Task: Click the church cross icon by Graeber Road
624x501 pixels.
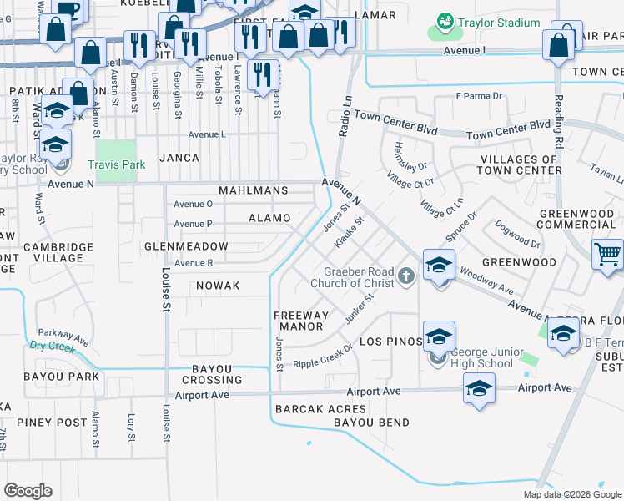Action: pyautogui.click(x=406, y=276)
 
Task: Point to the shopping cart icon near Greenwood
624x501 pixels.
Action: pyautogui.click(x=606, y=254)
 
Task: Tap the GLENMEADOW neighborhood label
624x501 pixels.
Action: pyautogui.click(x=186, y=246)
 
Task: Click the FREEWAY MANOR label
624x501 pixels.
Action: pyautogui.click(x=299, y=321)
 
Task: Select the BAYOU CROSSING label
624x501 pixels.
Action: pyautogui.click(x=204, y=374)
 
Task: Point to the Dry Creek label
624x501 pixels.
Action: pyautogui.click(x=52, y=344)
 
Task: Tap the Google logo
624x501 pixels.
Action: pyautogui.click(x=28, y=491)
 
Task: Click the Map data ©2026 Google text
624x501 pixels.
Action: pyautogui.click(x=572, y=494)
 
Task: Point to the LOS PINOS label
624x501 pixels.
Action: pyautogui.click(x=388, y=342)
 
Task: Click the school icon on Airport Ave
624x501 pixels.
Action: pyautogui.click(x=479, y=387)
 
